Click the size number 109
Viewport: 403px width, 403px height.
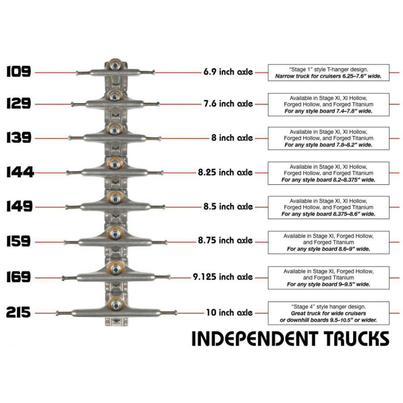click(19, 72)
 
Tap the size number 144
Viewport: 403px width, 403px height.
click(20, 173)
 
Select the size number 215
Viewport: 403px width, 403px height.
click(19, 313)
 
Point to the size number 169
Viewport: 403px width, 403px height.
click(19, 277)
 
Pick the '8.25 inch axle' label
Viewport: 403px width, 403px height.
click(225, 173)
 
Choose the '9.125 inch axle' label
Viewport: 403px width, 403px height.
click(222, 277)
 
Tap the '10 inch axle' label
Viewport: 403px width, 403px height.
click(229, 313)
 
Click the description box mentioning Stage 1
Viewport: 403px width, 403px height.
click(328, 72)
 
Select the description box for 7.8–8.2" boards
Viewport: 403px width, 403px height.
click(328, 138)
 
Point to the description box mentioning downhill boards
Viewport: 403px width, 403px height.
click(328, 313)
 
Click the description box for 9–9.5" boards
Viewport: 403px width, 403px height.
click(328, 278)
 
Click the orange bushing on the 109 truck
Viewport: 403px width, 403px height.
click(114, 65)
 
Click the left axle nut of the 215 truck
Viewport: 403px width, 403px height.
click(57, 313)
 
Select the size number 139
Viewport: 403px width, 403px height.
click(19, 138)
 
